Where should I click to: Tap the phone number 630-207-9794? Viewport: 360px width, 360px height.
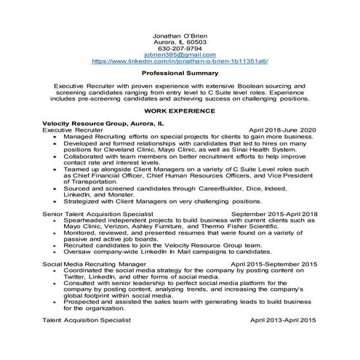pos(180,49)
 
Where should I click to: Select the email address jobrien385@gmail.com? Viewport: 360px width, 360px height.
pos(180,56)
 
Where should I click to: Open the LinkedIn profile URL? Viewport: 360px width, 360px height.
pos(180,63)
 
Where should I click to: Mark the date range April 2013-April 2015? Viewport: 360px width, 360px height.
pos(284,320)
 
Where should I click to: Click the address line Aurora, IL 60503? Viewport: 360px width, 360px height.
pos(180,42)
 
